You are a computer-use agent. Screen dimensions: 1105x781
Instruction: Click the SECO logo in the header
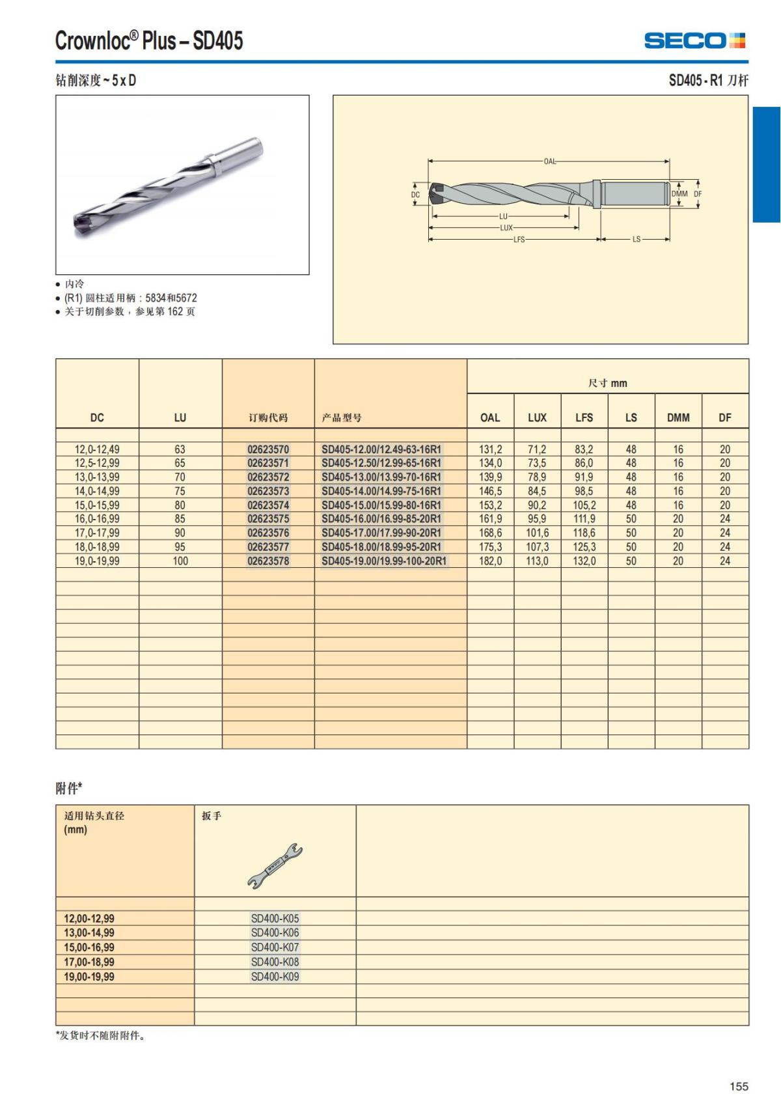694,41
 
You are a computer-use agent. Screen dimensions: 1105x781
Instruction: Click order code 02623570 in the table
268,449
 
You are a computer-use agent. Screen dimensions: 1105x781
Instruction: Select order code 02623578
268,561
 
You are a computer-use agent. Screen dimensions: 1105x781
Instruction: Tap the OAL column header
490,417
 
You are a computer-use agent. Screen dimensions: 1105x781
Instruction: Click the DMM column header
678,417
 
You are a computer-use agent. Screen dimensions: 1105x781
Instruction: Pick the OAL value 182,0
490,561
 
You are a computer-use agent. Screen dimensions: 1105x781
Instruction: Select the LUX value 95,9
537,519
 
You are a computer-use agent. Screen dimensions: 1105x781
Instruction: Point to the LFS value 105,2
584,505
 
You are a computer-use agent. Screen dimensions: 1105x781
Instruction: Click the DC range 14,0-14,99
97,491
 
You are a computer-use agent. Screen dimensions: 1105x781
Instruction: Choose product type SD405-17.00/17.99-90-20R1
381,533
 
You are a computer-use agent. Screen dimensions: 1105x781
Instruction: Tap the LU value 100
180,561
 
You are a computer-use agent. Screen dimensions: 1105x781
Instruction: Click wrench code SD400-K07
275,947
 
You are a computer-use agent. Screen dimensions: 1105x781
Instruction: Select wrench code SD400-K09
275,976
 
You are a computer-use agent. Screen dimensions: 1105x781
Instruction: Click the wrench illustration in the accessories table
275,865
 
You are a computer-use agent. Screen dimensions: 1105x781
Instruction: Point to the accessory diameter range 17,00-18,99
89,962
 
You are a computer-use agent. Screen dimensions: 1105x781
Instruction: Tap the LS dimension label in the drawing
636,240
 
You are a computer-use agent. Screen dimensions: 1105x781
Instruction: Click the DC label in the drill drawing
415,195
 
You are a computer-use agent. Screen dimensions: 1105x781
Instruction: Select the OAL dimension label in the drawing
550,161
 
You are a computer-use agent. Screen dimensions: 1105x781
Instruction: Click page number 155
739,1086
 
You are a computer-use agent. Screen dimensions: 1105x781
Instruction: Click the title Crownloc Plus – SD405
149,41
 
